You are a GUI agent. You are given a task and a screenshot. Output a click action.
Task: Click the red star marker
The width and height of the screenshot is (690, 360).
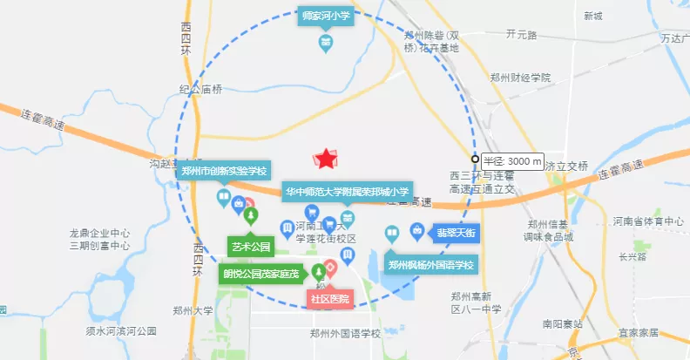pyautogui.click(x=325, y=159)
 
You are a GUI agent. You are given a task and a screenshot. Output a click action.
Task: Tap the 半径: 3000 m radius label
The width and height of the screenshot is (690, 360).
pyautogui.click(x=513, y=161)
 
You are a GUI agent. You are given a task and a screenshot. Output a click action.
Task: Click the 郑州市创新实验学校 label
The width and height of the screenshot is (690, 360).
pyautogui.click(x=224, y=171)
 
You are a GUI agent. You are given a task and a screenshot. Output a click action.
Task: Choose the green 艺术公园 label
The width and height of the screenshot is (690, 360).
pyautogui.click(x=251, y=247)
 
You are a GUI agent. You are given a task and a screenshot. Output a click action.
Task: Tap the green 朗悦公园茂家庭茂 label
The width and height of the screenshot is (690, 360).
pyautogui.click(x=261, y=274)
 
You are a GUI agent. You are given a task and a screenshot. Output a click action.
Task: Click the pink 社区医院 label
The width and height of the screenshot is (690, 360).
pyautogui.click(x=330, y=299)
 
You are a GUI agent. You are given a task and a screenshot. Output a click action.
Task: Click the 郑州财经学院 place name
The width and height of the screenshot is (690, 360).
pyautogui.click(x=520, y=78)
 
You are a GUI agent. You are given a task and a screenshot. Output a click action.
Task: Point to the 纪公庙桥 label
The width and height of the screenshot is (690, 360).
pyautogui.click(x=201, y=89)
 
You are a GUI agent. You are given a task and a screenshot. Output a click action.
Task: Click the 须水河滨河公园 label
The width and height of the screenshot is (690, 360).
pyautogui.click(x=121, y=331)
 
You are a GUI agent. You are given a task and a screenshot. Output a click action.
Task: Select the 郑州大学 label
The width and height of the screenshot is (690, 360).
pyautogui.click(x=192, y=310)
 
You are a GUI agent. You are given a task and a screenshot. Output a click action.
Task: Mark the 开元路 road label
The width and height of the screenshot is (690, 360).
pyautogui.click(x=522, y=34)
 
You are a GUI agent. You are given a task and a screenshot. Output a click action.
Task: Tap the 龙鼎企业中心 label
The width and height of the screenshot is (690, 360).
pyautogui.click(x=100, y=234)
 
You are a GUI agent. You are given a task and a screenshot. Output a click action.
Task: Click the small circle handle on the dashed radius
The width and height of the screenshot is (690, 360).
pyautogui.click(x=475, y=160)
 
